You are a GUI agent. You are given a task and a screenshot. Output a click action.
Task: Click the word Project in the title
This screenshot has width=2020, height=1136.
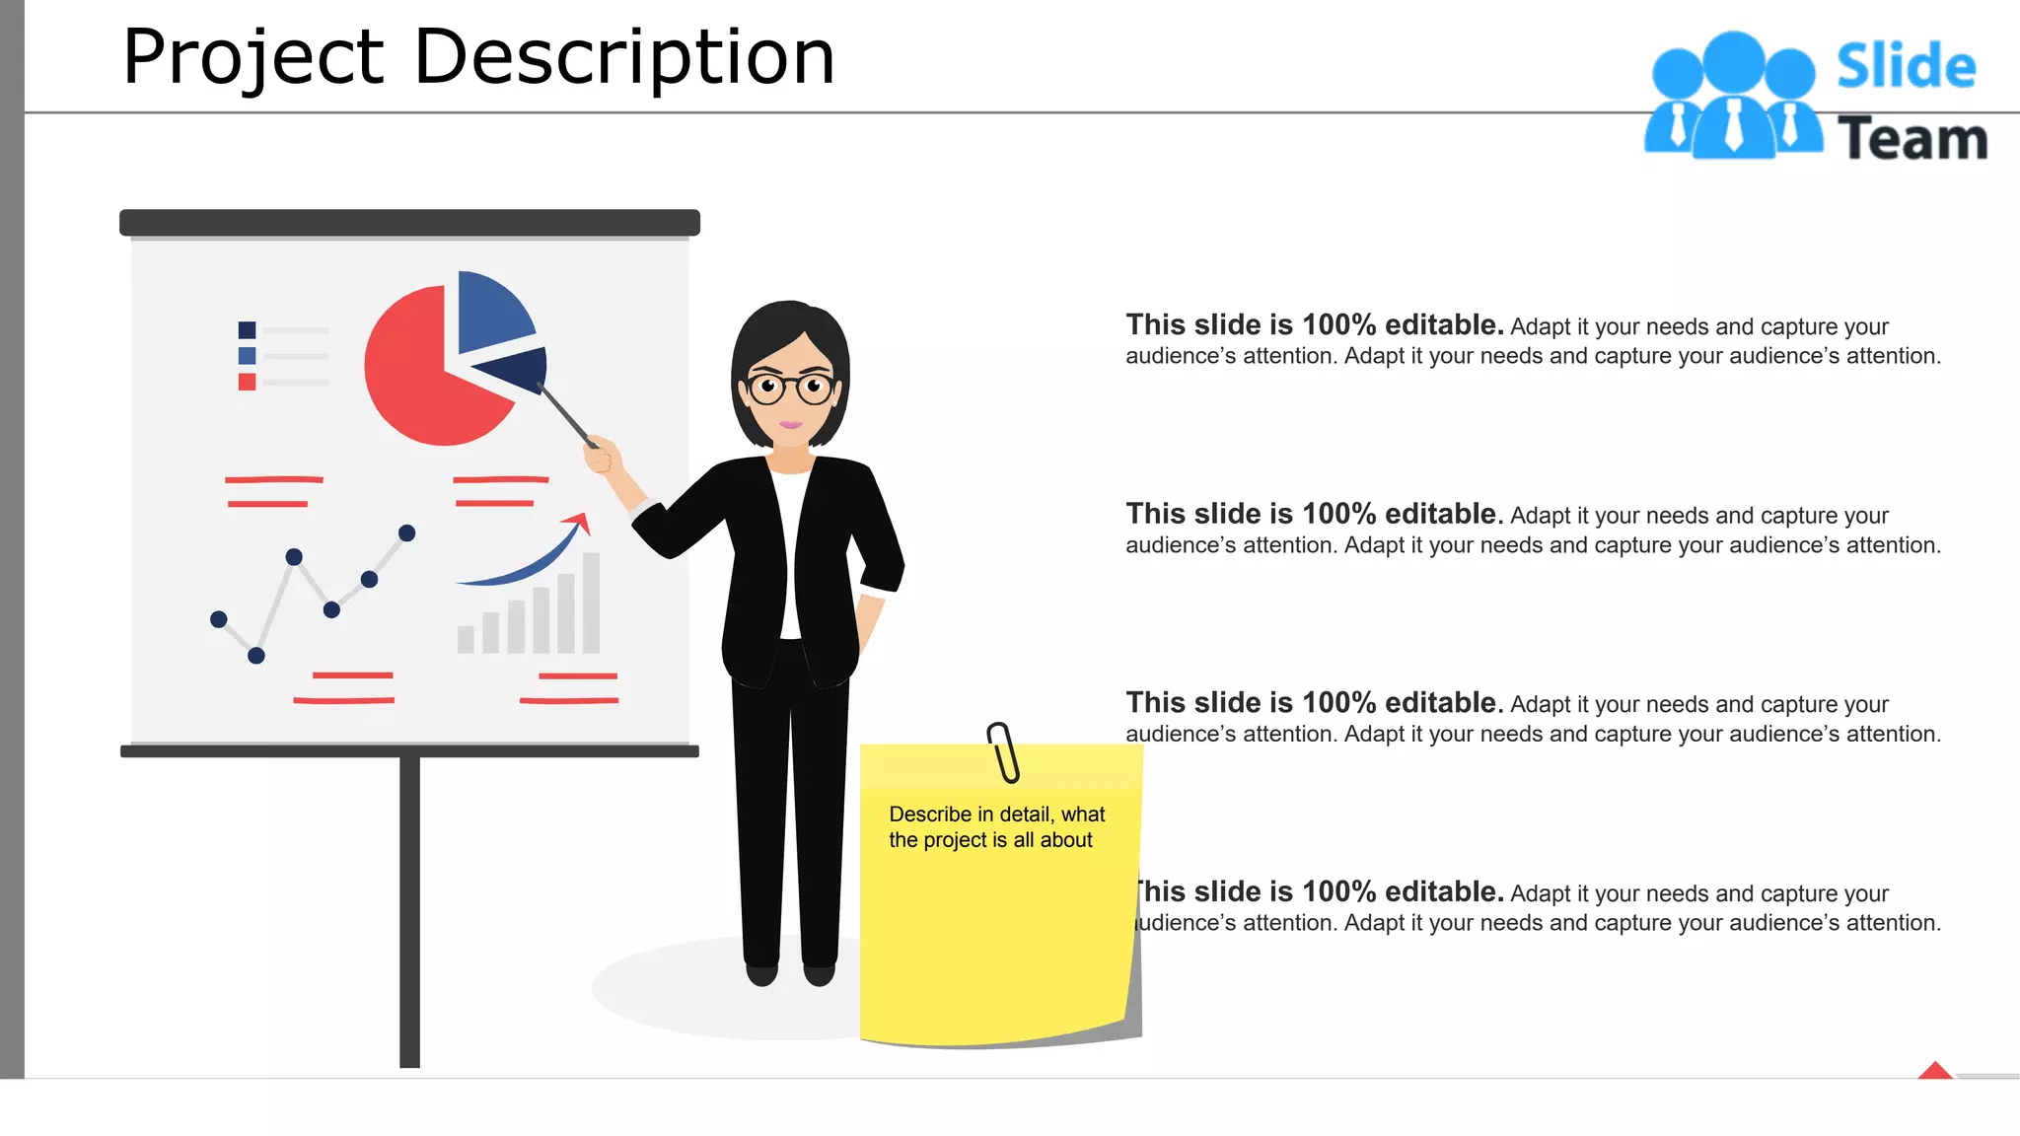pos(252,57)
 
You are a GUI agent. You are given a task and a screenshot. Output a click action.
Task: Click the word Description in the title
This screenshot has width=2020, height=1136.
pos(623,57)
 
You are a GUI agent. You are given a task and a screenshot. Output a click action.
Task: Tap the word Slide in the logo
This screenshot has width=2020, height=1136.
pos(1906,67)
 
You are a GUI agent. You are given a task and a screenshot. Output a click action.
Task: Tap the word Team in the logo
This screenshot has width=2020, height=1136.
pos(1912,139)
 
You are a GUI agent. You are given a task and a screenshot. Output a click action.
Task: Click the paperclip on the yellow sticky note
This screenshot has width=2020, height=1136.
pos(1004,752)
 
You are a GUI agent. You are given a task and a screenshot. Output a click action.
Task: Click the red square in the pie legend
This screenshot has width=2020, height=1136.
pos(247,382)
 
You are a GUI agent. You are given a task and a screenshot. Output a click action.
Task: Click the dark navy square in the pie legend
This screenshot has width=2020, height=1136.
pos(247,330)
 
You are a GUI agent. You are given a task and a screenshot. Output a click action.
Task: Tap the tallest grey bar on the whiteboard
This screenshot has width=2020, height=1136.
pos(591,603)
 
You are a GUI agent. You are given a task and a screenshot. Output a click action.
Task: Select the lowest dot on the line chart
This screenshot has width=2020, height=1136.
pos(256,656)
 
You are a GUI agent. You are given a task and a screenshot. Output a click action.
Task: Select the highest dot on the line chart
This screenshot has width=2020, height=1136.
pos(406,533)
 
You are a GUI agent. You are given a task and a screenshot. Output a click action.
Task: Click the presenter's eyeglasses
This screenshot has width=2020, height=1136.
pos(790,387)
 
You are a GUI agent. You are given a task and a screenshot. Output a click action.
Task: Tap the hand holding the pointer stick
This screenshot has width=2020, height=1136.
pos(602,456)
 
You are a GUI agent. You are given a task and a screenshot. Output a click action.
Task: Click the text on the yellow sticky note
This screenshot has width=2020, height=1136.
pos(995,826)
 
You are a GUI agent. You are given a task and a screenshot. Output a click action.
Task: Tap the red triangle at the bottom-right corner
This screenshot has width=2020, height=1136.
pos(1935,1071)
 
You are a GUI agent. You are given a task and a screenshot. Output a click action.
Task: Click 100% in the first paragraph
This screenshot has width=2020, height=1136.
pos(1338,324)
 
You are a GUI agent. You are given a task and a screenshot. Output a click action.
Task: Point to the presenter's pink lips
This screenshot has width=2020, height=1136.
pos(791,425)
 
